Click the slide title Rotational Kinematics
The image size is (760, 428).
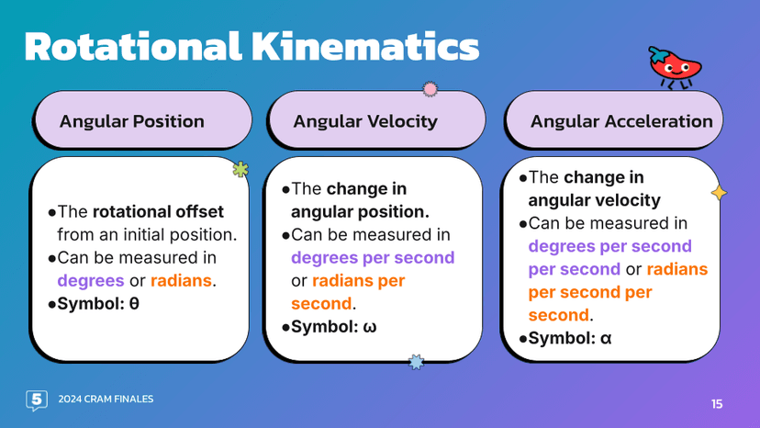point(251,46)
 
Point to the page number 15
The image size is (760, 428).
point(717,403)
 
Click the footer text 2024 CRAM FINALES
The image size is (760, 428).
point(106,399)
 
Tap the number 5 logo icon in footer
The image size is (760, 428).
point(37,400)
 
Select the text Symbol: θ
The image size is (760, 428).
point(98,303)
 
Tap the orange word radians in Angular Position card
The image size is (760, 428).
point(181,280)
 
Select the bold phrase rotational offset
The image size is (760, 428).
point(158,211)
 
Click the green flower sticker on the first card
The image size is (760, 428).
point(240,169)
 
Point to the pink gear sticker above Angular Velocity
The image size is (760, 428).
point(429,89)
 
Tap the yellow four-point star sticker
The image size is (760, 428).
point(719,192)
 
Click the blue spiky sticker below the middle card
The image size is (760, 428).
point(416,362)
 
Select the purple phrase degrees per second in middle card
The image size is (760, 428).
point(373,257)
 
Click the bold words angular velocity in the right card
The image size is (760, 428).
point(594,200)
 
